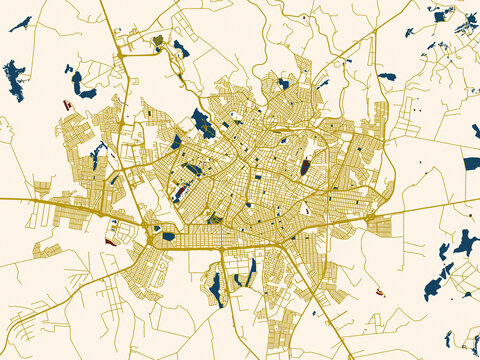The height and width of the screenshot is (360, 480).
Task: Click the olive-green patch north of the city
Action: [x=158, y=41]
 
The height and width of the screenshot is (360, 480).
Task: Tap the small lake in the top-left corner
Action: [x=21, y=23]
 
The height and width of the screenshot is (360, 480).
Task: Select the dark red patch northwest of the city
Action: [x=67, y=103]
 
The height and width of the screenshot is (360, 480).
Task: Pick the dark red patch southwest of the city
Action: [x=111, y=241]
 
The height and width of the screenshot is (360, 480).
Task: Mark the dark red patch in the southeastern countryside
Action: [x=380, y=292]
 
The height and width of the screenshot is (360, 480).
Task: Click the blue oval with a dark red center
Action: [x=305, y=166]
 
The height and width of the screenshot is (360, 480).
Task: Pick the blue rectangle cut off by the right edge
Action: [x=472, y=163]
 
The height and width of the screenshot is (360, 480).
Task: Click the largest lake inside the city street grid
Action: [x=203, y=124]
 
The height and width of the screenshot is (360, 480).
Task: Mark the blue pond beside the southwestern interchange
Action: [x=168, y=236]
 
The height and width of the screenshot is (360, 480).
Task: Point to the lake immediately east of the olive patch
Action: [x=181, y=48]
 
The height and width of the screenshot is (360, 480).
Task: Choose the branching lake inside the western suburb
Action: [x=97, y=154]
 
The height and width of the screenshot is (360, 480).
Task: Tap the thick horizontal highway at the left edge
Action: [x=3, y=198]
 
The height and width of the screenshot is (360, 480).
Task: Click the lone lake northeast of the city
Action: [x=387, y=76]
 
